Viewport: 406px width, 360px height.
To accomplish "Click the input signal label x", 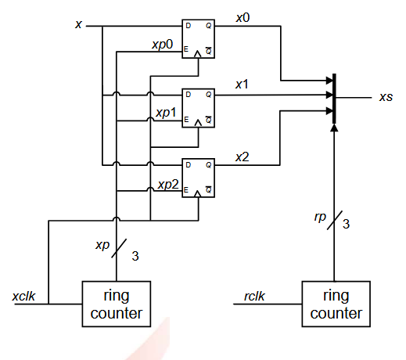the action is point(78,24).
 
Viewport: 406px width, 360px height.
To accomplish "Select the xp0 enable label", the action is point(163,45).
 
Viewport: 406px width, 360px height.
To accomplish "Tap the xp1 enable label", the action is point(166,113).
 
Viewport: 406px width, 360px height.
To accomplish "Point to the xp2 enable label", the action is point(168,185).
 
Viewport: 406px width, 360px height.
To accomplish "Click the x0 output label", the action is point(243,17).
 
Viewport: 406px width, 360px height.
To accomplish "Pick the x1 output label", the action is point(242,85).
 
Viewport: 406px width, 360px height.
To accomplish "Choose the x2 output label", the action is point(243,157).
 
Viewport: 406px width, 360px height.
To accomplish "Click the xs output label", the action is point(386,97).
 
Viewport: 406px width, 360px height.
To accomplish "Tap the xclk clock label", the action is point(23,297).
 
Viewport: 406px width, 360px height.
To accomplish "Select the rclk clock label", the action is point(254,297).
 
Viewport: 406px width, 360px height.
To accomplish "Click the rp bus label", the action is point(320,217).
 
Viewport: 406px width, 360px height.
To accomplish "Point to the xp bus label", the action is point(102,245).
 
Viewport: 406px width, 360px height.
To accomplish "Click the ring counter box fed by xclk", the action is point(117,304).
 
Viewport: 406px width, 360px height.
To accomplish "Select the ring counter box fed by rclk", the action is point(336,304).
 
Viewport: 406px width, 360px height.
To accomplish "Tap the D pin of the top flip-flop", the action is point(188,26).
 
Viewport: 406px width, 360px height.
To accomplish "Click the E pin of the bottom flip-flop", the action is point(186,189).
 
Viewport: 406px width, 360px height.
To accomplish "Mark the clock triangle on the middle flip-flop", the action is point(198,123).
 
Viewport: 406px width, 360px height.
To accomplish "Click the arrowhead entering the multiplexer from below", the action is point(334,128).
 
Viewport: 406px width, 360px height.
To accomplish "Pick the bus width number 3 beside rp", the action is point(346,224).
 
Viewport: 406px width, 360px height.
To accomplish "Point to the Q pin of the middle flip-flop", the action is point(208,95).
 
